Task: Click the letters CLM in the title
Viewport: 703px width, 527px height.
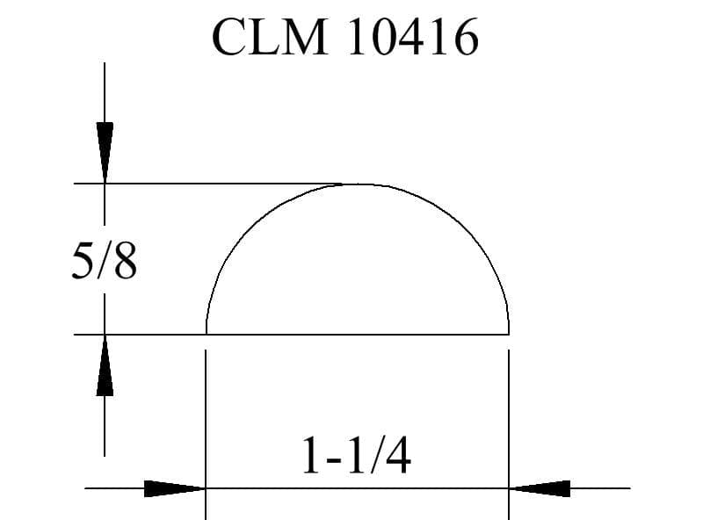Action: (270, 37)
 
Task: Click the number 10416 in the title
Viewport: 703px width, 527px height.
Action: (413, 37)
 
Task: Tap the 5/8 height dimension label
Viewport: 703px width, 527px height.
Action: (104, 262)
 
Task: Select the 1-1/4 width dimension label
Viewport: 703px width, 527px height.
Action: (357, 456)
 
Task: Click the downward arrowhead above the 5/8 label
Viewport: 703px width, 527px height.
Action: (105, 152)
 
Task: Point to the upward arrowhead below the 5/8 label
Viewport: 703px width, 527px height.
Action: (105, 365)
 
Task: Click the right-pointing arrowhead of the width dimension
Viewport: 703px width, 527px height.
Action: (175, 488)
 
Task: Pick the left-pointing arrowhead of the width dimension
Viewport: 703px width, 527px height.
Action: (540, 488)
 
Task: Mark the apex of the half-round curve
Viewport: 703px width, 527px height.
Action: (358, 184)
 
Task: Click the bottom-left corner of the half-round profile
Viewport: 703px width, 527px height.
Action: (207, 335)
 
